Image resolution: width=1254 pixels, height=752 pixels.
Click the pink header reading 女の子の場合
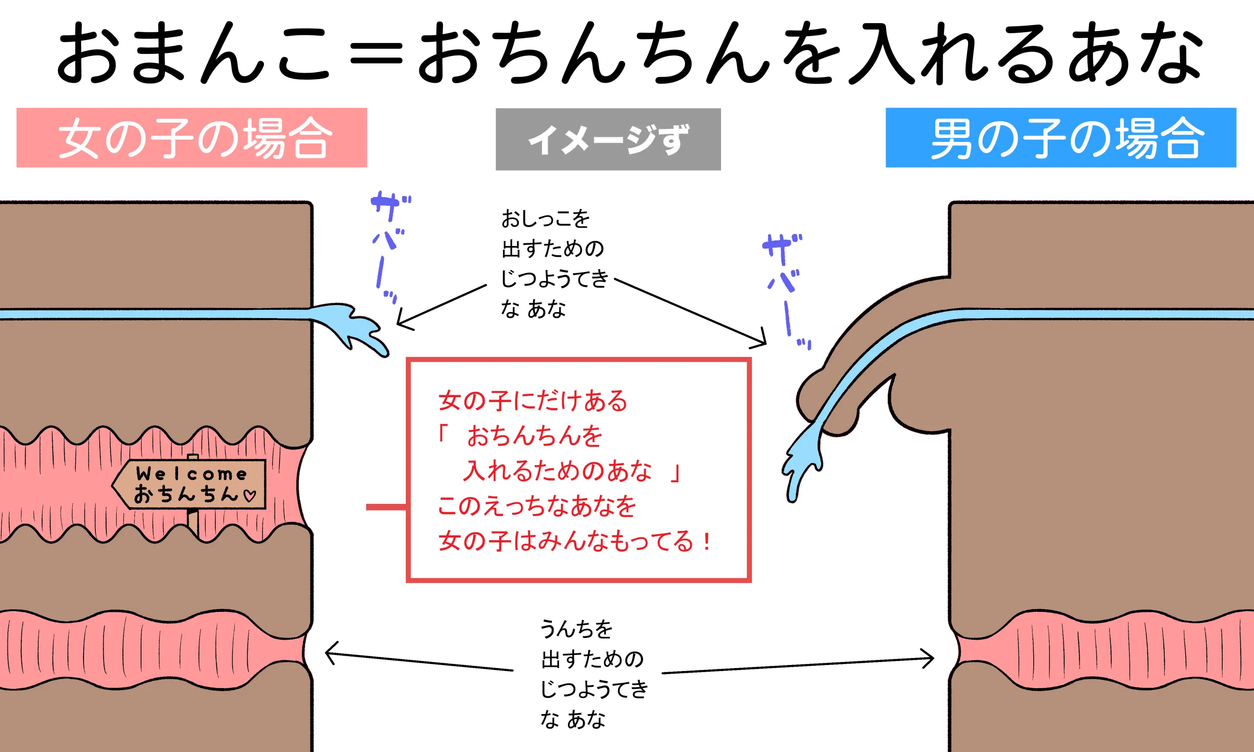tap(192, 138)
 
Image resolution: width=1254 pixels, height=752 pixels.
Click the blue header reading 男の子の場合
tap(1061, 138)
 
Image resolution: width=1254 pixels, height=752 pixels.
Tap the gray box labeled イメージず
tap(608, 139)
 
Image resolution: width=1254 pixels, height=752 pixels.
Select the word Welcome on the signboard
tap(191, 474)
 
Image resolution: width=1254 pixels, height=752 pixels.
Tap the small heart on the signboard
tap(250, 495)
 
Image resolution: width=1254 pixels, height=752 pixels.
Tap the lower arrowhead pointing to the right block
tap(927, 658)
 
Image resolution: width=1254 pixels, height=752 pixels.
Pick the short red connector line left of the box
tap(386, 507)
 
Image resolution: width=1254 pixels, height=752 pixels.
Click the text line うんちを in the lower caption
tap(576, 629)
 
